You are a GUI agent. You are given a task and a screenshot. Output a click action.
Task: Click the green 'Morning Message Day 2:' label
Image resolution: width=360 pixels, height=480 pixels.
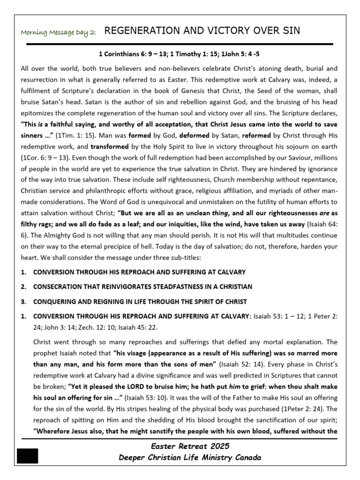(x=59, y=32)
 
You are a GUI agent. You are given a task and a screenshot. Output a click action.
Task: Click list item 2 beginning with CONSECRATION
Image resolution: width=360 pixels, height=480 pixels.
(x=142, y=286)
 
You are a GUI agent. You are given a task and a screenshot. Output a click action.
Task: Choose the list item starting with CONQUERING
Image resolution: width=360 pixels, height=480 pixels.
(x=140, y=301)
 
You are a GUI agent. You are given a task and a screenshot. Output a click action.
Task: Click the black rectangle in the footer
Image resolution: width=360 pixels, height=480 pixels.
(x=28, y=456)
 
